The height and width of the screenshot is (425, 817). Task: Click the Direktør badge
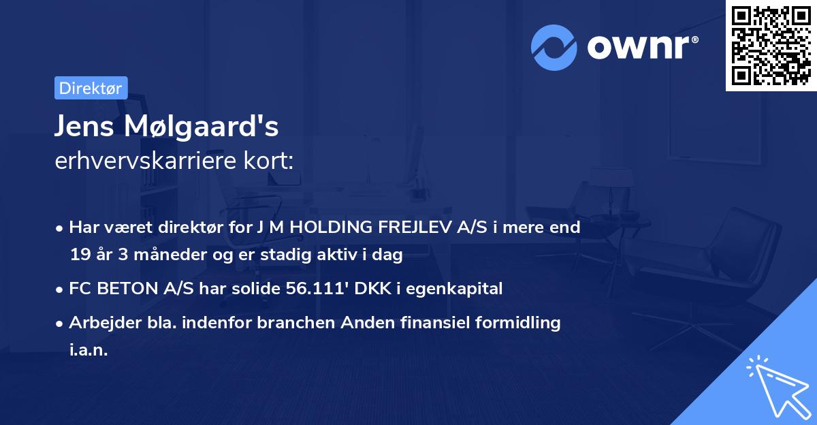pyautogui.click(x=91, y=88)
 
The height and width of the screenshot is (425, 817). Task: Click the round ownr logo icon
pyautogui.click(x=554, y=46)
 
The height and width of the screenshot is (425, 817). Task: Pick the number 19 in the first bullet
pyautogui.click(x=78, y=255)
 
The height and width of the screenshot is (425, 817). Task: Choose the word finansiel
pyautogui.click(x=420, y=323)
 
